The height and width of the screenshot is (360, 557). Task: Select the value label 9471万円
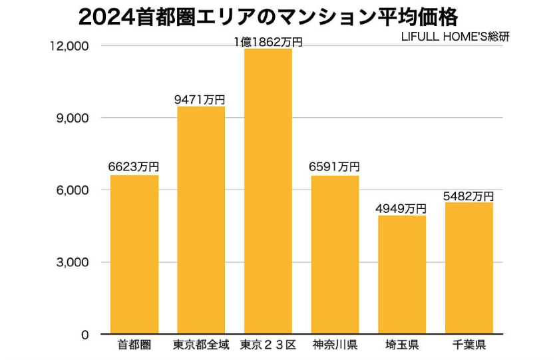(201, 99)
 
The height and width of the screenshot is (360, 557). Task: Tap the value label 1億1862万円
(268, 42)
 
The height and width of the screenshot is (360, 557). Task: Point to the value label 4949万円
(401, 208)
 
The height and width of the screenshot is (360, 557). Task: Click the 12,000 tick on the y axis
(69, 46)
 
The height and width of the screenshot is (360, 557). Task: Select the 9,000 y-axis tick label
(72, 118)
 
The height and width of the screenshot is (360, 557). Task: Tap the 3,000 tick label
(72, 262)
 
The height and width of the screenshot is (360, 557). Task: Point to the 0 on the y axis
(85, 335)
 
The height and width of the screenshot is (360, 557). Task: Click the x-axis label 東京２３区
(268, 345)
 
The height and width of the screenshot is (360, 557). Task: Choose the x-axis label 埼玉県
(401, 345)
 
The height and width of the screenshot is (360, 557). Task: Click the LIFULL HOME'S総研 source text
(455, 37)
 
